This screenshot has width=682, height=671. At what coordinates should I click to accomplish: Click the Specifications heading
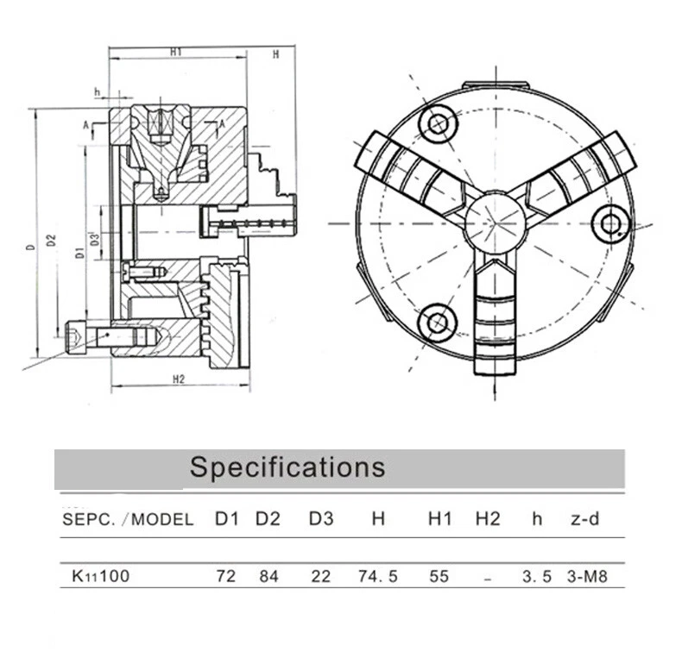point(287,467)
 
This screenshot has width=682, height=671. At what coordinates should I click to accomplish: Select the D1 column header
point(226,519)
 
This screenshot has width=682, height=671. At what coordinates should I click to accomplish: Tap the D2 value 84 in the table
point(268,576)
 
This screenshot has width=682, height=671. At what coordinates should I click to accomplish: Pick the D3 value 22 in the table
point(320,576)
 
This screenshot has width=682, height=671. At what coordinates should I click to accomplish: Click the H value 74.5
point(377,576)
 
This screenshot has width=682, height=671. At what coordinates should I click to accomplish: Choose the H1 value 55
point(439,576)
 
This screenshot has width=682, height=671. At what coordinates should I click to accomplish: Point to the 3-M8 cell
point(588,576)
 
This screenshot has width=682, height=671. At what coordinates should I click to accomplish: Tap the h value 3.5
point(536,576)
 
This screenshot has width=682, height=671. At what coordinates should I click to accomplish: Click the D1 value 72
point(226,576)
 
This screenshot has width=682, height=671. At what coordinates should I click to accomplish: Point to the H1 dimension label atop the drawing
point(176,53)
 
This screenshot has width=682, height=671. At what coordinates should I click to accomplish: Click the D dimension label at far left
point(31,247)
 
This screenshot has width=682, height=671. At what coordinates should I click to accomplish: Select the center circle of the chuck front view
point(495,223)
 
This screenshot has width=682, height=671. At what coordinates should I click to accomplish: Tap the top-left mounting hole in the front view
point(437,123)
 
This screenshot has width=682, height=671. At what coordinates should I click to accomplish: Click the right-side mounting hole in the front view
point(611,223)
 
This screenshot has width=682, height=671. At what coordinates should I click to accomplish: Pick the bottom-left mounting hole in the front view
point(437,323)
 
